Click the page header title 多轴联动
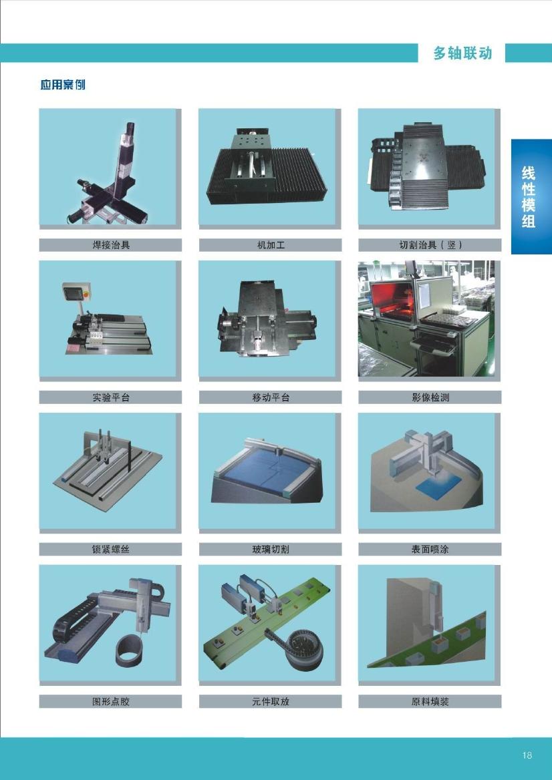click(462, 53)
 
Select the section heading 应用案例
click(63, 85)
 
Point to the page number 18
click(527, 755)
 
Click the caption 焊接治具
click(111, 244)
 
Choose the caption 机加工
click(271, 244)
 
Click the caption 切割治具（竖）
click(430, 244)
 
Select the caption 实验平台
click(111, 397)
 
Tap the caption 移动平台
click(271, 397)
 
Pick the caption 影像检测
click(430, 397)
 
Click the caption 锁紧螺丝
click(111, 549)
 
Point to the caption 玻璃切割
click(271, 549)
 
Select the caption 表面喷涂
click(430, 549)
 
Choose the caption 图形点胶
click(111, 701)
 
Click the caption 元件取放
click(271, 701)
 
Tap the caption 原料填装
click(430, 701)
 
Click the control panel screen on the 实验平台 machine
click(73, 292)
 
